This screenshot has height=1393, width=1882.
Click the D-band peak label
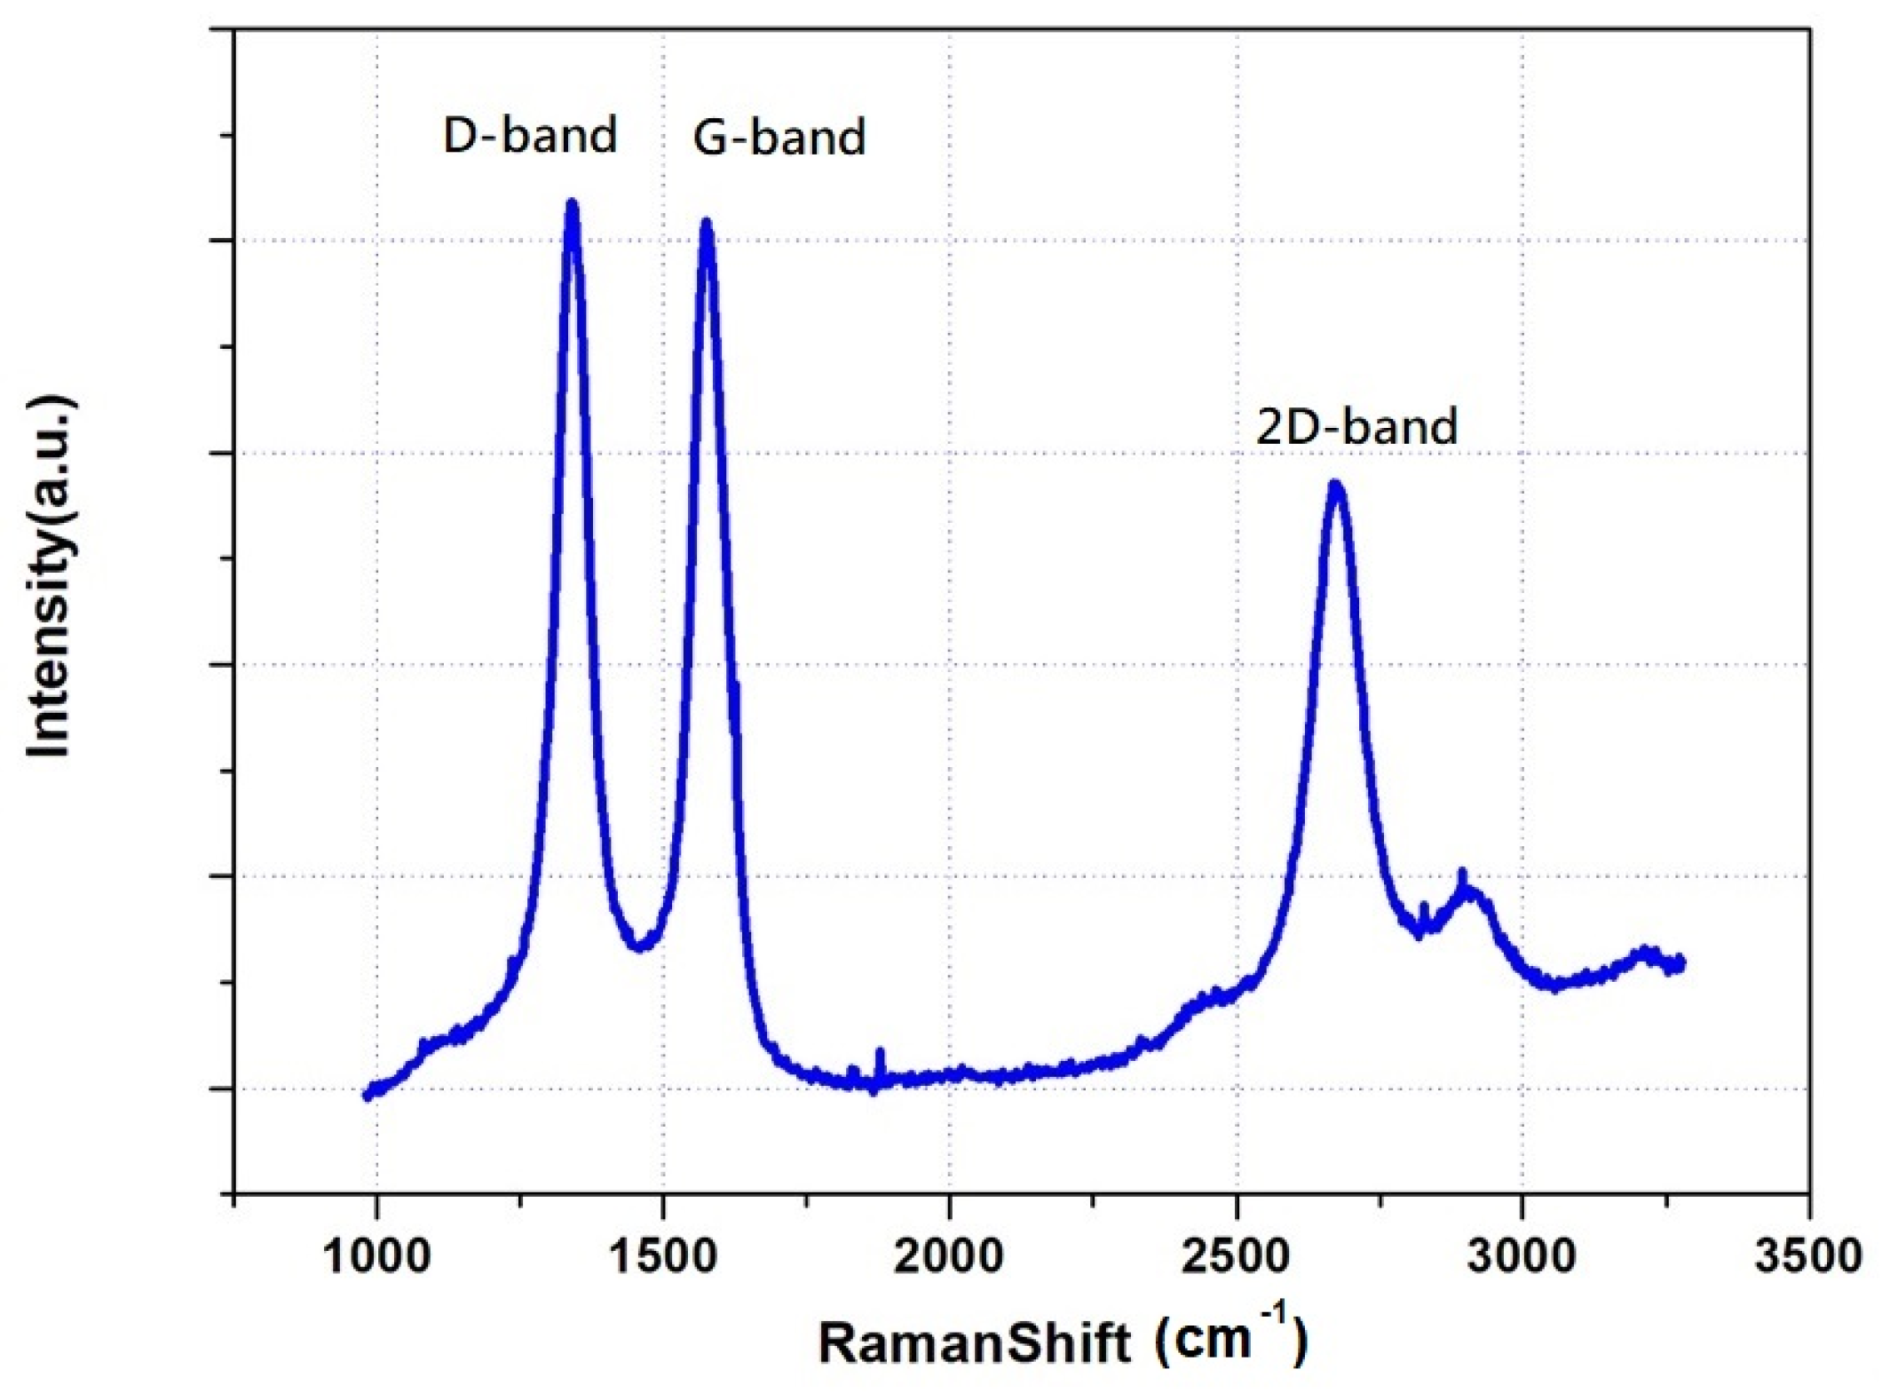point(530,136)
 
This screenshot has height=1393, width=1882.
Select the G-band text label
point(779,138)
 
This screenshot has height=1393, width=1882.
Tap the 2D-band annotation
point(1356,426)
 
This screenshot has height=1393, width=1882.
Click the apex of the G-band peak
point(707,225)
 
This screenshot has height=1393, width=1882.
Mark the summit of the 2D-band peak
point(1335,486)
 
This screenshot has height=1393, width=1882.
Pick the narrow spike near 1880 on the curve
point(880,1056)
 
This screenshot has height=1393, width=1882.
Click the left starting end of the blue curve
point(368,1095)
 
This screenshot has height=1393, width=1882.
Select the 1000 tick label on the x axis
point(377,1256)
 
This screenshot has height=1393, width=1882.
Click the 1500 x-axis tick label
point(663,1256)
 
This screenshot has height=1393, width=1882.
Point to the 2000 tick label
point(949,1256)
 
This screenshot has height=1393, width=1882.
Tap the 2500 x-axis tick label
point(1236,1256)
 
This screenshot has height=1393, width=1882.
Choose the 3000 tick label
point(1522,1256)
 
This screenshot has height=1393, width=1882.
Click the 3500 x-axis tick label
point(1807,1256)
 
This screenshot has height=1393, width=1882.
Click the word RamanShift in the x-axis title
point(975,1342)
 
